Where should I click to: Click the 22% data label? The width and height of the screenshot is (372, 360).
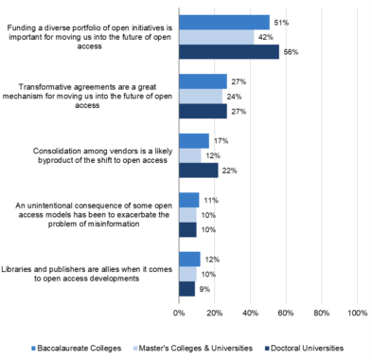[229, 171]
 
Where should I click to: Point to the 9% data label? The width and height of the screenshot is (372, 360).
[204, 289]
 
